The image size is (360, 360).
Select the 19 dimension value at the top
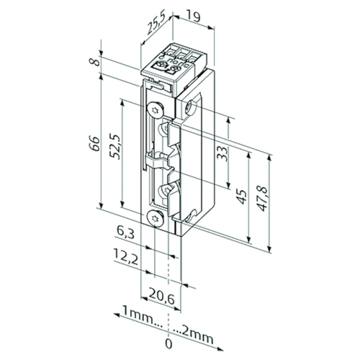pyautogui.click(x=193, y=17)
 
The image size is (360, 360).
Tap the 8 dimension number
pyautogui.click(x=94, y=62)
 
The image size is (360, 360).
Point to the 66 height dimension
pyautogui.click(x=94, y=143)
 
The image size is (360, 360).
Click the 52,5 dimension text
pyautogui.click(x=114, y=146)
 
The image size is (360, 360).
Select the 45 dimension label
pyautogui.click(x=240, y=197)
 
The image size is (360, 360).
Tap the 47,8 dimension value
pyautogui.click(x=261, y=199)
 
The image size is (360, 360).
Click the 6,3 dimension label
pyautogui.click(x=125, y=233)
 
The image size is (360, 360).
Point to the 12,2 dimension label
pyautogui.click(x=125, y=257)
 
